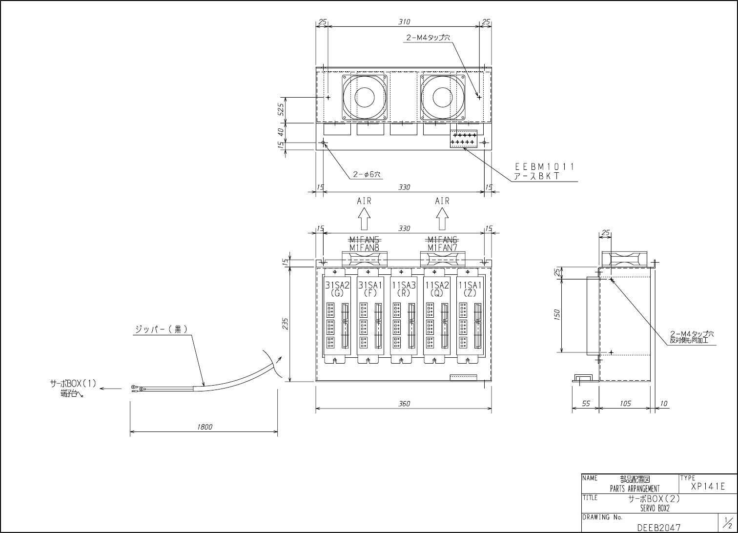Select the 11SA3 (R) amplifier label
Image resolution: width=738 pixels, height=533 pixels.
403,289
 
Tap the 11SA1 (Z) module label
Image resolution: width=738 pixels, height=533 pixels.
470,289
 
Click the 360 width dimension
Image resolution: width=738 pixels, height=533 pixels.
404,404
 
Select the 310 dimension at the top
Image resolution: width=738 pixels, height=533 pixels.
404,22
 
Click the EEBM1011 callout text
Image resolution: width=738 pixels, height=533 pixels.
544,166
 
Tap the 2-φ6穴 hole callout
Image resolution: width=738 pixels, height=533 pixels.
367,174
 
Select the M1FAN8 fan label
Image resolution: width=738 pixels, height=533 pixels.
364,248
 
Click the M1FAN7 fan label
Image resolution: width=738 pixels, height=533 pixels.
442,248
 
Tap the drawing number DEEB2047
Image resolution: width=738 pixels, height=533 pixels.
658,528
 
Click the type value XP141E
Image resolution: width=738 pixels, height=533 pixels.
708,487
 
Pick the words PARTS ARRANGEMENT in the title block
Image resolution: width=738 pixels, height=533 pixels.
635,489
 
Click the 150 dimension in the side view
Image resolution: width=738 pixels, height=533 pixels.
557,314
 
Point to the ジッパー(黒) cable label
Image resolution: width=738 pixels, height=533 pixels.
162,329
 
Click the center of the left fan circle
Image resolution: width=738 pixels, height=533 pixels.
364,97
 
